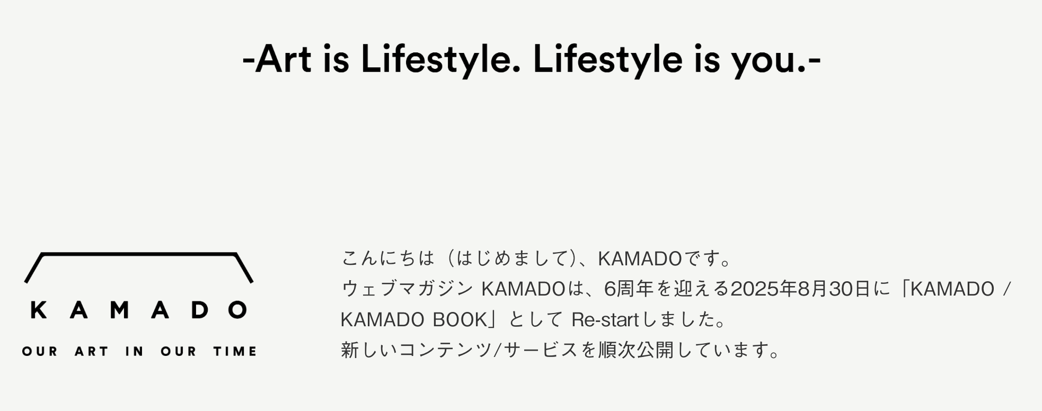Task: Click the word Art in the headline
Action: (283, 59)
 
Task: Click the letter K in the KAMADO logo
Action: (39, 310)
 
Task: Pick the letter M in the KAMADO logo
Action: (119, 310)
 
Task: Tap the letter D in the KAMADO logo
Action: (199, 310)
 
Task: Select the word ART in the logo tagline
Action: (92, 352)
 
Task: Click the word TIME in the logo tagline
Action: (235, 352)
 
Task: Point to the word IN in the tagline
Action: (135, 352)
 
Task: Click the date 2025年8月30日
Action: (800, 289)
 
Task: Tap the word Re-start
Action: (605, 320)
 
